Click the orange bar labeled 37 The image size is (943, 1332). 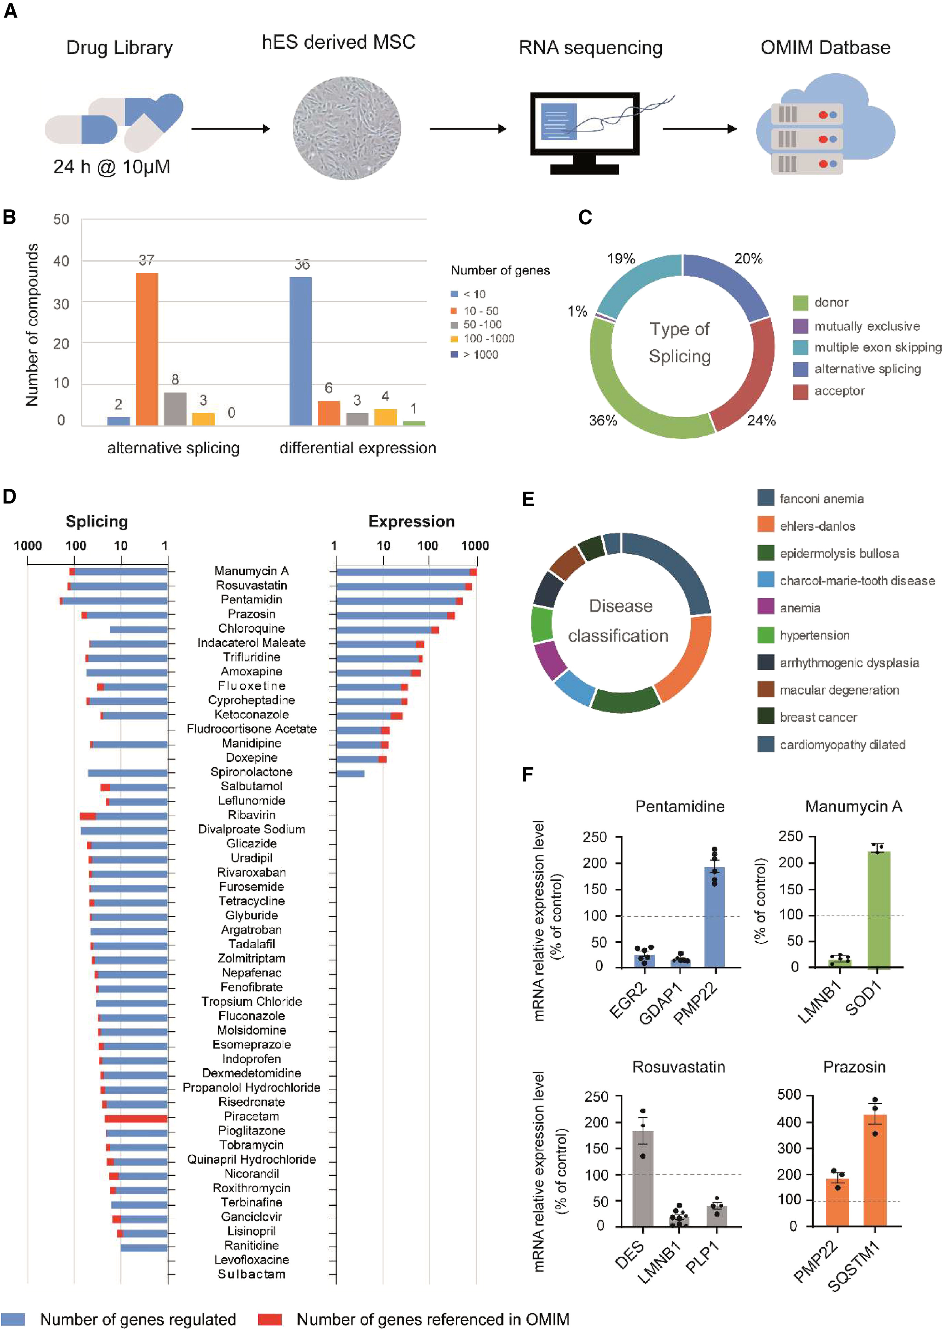147,349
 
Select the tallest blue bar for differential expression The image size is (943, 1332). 301,351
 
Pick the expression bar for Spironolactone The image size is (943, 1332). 351,773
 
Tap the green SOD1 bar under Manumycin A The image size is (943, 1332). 878,910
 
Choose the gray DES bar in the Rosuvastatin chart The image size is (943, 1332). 643,1179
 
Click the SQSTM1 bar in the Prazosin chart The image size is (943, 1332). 875,1171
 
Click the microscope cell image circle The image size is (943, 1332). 347,128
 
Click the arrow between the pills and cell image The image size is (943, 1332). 230,128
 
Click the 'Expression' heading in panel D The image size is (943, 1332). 411,521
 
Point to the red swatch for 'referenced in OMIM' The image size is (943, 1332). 270,1319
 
